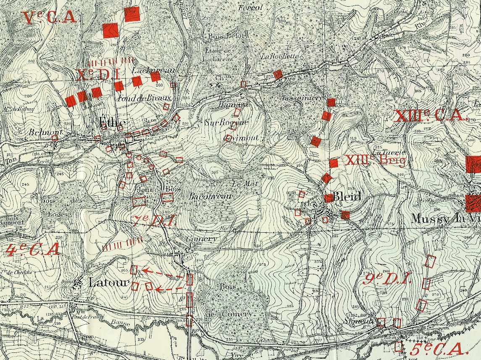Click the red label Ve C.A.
coord(50,18)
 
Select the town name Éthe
coord(112,123)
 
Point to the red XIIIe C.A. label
coord(429,116)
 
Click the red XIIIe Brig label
coord(375,160)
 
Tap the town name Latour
coord(108,283)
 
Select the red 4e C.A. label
coord(33,250)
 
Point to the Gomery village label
coord(202,239)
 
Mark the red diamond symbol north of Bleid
coord(327,178)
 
